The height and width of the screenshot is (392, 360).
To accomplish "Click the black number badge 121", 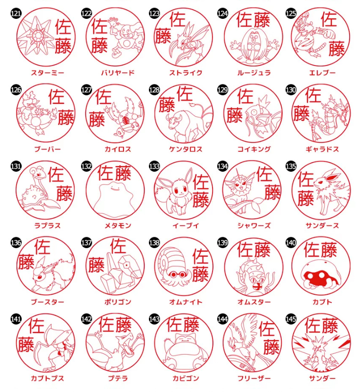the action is click(x=16, y=13).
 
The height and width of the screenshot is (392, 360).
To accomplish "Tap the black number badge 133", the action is click(x=154, y=166).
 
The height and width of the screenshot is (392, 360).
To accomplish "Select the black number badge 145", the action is click(x=291, y=319).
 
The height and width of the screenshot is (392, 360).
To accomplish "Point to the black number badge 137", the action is click(x=86, y=242).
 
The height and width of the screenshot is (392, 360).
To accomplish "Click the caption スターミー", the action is click(x=48, y=73).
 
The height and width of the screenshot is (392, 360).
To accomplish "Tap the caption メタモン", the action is click(x=118, y=225).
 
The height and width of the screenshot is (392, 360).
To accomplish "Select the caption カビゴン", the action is click(x=186, y=378).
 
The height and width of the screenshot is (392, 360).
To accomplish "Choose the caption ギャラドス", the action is click(x=322, y=149).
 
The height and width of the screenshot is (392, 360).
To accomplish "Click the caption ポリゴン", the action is click(x=118, y=302).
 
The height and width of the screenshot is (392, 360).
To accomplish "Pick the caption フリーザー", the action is click(x=254, y=378).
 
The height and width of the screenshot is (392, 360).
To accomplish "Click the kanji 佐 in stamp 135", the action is click(x=305, y=179).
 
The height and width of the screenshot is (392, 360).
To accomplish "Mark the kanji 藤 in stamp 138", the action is click(x=200, y=274).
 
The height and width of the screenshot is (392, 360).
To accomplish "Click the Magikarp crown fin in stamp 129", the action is click(x=265, y=102).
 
